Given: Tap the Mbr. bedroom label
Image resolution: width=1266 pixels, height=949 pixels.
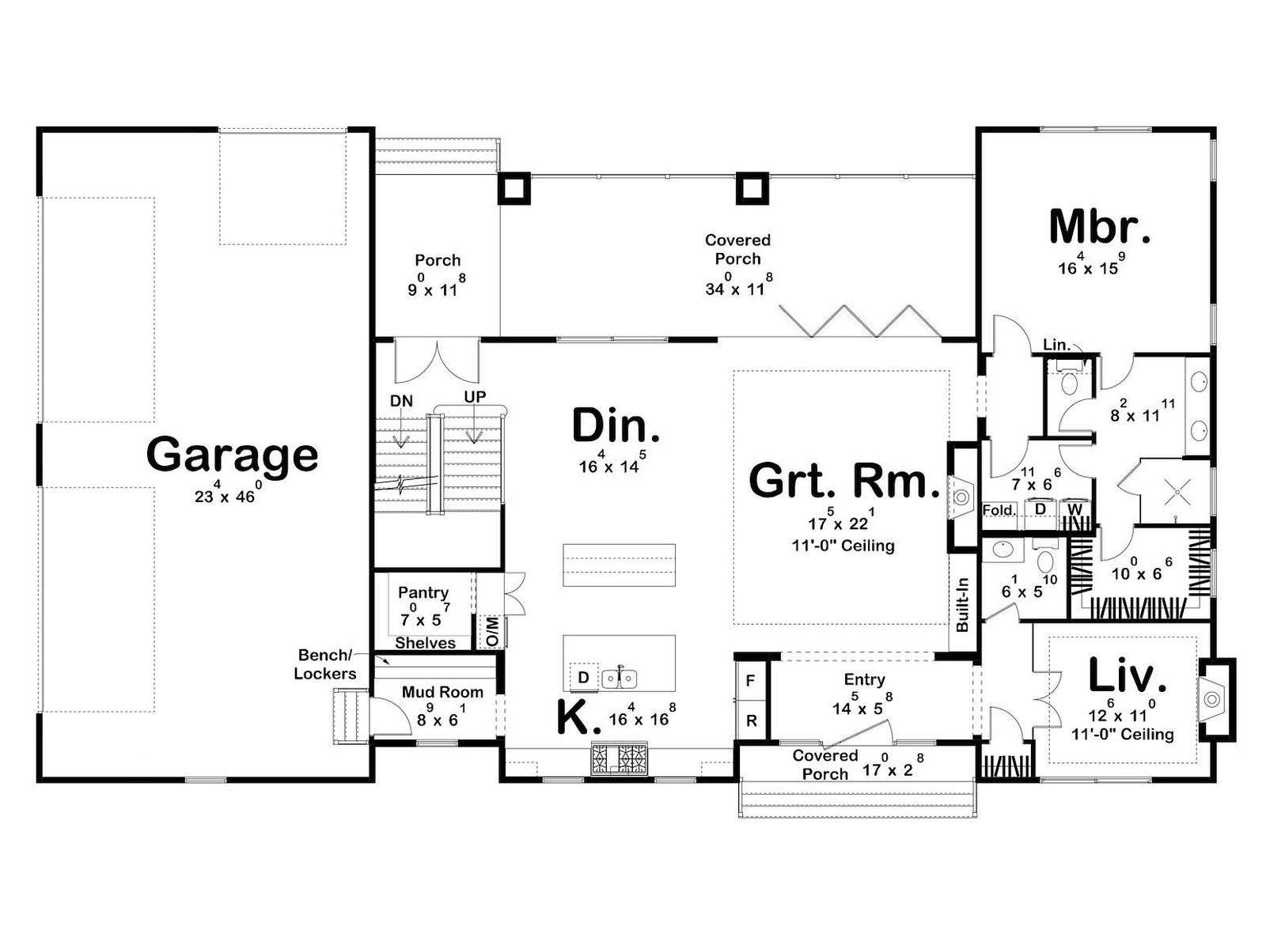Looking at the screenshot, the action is (x=1099, y=227).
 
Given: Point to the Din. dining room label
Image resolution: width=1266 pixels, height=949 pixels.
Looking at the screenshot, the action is (x=616, y=425).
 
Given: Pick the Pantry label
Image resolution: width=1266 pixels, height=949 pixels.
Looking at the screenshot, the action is (x=423, y=592).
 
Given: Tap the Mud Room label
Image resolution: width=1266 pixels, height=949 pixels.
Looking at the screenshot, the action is (x=442, y=691).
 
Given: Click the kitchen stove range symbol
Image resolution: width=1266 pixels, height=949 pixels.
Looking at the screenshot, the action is (x=619, y=759).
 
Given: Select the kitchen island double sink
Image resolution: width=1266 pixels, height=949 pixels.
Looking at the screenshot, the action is (x=620, y=679).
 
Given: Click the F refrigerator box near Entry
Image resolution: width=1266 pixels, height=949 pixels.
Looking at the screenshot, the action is (x=750, y=680).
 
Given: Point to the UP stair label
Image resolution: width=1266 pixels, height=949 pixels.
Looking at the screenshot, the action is (x=475, y=397).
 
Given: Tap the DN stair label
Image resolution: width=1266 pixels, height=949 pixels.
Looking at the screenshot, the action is (x=401, y=400).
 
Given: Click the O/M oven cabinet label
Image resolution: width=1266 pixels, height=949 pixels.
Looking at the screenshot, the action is (x=493, y=632).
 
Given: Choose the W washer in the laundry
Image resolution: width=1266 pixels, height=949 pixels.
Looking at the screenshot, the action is (x=1075, y=510).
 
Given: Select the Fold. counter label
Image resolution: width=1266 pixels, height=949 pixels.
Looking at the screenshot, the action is (x=999, y=510).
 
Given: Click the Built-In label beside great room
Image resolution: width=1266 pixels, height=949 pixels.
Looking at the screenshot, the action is (x=962, y=604).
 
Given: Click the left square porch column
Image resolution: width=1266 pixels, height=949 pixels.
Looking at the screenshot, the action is (x=514, y=188).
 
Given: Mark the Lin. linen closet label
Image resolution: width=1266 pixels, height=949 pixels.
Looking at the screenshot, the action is (x=1056, y=345).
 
